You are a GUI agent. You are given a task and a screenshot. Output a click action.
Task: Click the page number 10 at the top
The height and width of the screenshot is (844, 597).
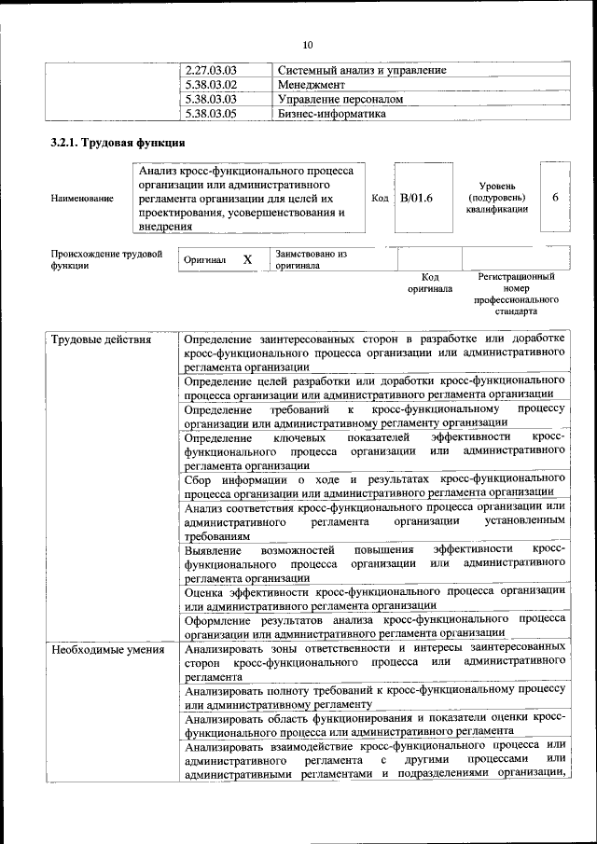coord(309,45)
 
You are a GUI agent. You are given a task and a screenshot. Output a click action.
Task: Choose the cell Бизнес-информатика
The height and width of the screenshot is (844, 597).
coord(332,113)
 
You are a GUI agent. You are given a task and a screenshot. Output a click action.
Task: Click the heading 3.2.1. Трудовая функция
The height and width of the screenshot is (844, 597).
coord(118,144)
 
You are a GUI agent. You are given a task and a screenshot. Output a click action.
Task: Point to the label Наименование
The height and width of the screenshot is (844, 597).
coord(83,199)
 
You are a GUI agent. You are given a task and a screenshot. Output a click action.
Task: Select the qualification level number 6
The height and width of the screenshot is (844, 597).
coord(556,198)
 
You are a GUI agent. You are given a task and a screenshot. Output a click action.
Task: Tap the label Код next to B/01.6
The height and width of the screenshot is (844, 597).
coord(380,198)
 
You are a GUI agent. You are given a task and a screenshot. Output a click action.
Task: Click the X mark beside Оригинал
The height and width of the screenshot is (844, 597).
coord(247,259)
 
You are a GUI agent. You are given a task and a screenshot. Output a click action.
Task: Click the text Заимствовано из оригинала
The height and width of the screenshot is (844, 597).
coord(311,259)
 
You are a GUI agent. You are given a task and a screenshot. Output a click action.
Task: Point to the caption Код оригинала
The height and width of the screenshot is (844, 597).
coord(429,283)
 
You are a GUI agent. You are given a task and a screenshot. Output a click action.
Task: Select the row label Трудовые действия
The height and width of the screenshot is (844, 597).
coord(101,339)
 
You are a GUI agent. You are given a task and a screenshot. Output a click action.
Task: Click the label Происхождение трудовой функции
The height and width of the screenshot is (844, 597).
coord(106,259)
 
